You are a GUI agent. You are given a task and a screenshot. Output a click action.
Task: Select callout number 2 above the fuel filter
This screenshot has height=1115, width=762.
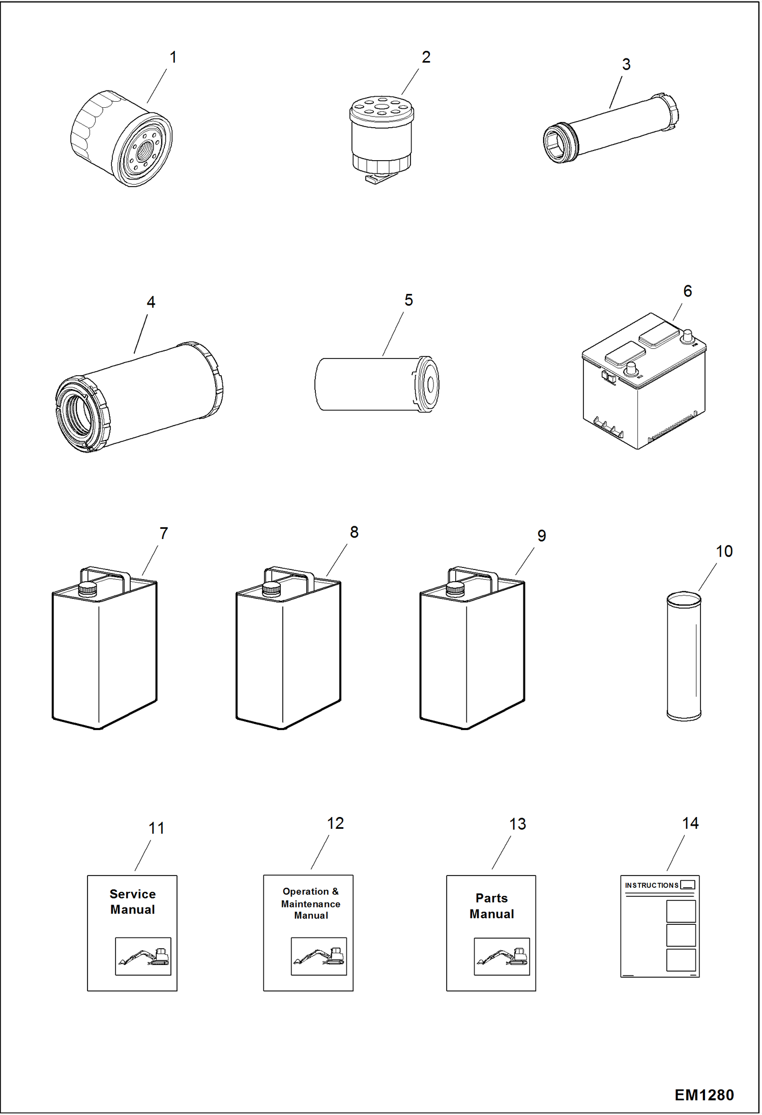point(426,57)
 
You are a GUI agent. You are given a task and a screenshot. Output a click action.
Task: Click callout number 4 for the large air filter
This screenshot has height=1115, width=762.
point(151,302)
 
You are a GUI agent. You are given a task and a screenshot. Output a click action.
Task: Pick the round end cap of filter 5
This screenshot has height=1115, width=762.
point(429,384)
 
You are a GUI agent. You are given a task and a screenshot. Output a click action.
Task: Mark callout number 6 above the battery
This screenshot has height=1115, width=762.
point(687,291)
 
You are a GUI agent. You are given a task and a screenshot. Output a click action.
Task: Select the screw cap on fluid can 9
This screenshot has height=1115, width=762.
point(455,589)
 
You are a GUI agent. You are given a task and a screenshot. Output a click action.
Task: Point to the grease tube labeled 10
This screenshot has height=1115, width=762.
point(684,656)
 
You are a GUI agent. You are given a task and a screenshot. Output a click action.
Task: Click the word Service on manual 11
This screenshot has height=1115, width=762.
point(133,894)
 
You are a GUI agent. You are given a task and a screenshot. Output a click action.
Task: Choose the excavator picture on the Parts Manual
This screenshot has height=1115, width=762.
point(502,956)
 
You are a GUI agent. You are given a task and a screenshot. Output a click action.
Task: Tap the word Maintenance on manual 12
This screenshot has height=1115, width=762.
point(310,904)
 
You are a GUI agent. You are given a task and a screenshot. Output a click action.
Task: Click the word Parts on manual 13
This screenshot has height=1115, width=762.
point(491,898)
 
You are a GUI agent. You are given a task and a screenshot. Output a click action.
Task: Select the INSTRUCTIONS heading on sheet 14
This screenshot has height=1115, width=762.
point(651,885)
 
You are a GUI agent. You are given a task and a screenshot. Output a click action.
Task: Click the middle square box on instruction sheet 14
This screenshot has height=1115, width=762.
point(681,935)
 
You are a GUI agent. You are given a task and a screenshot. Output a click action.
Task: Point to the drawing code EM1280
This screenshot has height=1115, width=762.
point(704,1095)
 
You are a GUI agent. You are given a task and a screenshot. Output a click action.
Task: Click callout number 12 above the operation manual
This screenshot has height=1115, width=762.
point(335,823)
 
